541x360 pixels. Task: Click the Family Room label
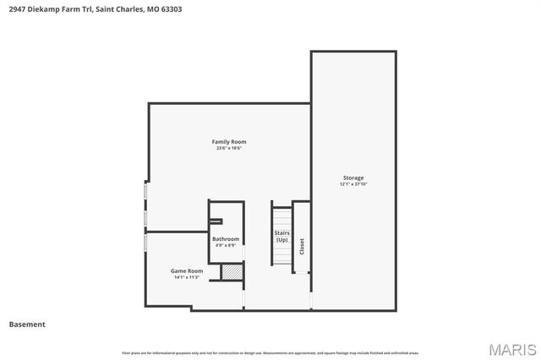coord(228,141)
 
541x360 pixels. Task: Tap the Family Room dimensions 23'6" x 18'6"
coord(228,148)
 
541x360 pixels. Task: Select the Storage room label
coord(352,177)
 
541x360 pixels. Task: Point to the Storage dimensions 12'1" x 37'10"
coord(352,184)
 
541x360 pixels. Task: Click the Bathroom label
coord(226,239)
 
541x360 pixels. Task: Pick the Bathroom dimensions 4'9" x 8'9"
coord(226,246)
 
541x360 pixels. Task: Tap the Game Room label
coord(186,270)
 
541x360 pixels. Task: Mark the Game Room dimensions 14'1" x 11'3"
coord(186,277)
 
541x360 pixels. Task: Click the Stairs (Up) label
coord(281,236)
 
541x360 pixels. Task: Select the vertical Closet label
coord(302,245)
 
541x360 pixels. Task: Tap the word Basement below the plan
coord(27,324)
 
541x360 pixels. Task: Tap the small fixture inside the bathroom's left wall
coord(215,221)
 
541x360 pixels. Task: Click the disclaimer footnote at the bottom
coord(270,352)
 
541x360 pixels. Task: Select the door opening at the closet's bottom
coord(302,274)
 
